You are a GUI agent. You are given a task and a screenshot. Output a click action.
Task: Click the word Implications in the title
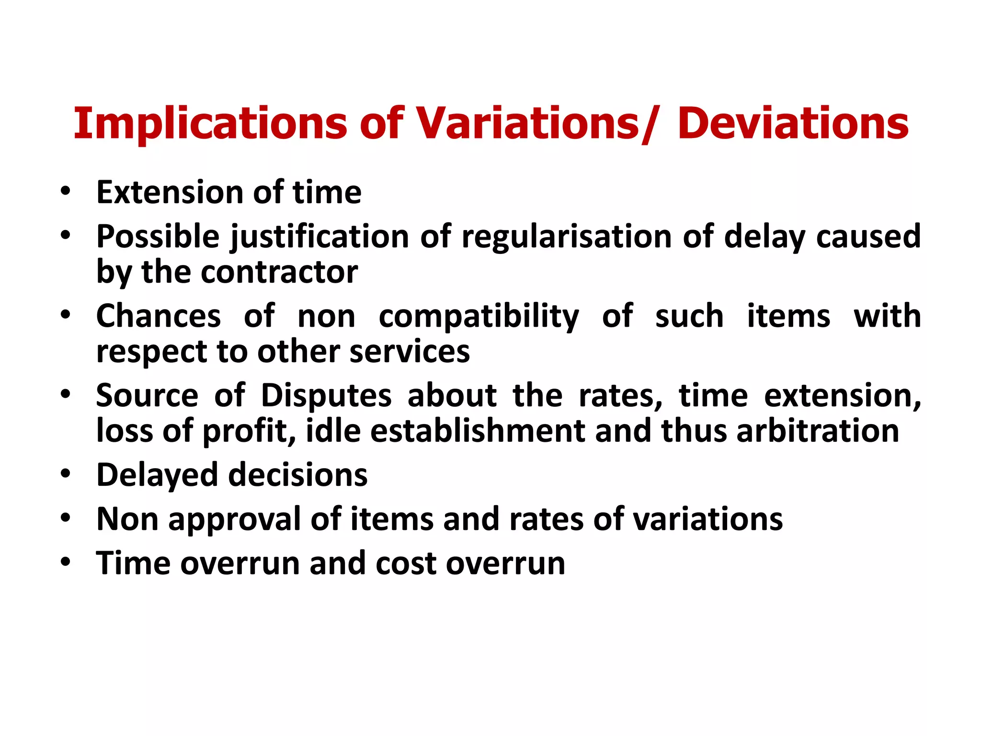[210, 124]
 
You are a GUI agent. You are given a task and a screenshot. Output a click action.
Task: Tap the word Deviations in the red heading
[793, 124]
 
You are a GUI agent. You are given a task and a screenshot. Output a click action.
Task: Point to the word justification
[319, 237]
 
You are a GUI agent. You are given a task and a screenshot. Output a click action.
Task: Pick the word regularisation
[567, 237]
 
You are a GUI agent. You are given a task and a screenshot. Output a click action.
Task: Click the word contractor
[279, 272]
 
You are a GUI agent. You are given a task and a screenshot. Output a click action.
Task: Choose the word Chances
[159, 316]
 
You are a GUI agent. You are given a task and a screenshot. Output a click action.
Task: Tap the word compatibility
[479, 317]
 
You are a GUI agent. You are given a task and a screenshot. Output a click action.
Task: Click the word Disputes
[326, 396]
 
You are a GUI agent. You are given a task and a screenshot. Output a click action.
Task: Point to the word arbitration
[818, 431]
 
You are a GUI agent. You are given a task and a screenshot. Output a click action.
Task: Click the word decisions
[298, 475]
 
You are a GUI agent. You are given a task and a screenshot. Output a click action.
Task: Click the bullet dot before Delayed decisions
[66, 473]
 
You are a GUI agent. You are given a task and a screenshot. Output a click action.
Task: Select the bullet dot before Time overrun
[66, 562]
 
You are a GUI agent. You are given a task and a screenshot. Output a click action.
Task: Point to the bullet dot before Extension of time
[66, 191]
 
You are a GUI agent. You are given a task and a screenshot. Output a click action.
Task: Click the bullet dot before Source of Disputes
[66, 394]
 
